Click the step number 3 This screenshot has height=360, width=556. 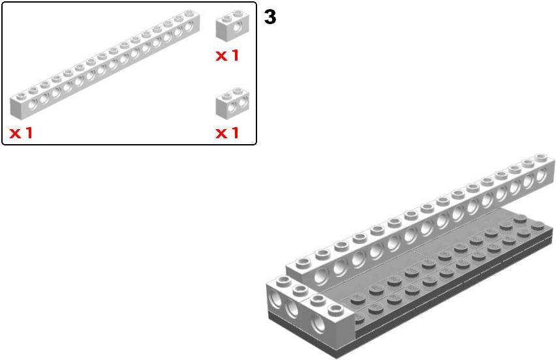[x=270, y=17]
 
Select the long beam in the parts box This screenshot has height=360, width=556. [x=105, y=64]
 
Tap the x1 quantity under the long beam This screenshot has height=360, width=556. [x=21, y=133]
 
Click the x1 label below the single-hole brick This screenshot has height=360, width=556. [x=227, y=55]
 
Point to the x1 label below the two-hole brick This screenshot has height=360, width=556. [x=227, y=133]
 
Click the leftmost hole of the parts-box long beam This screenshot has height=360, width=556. [x=33, y=104]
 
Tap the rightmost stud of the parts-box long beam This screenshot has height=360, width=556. [x=189, y=13]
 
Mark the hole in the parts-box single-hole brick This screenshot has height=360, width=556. [x=238, y=27]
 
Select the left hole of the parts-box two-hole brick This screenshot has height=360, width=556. [x=232, y=106]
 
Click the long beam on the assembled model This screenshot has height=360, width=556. [x=420, y=220]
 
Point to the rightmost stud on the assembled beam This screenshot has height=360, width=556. [x=541, y=157]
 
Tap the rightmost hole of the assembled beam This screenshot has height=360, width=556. [x=541, y=175]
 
